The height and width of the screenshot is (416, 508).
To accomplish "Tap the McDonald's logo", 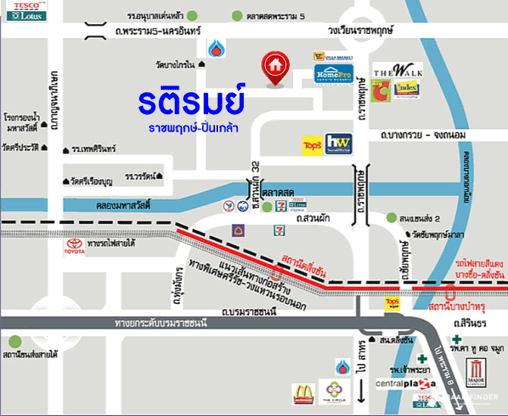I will [303, 393].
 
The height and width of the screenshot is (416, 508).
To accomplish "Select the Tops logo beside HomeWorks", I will [311, 144].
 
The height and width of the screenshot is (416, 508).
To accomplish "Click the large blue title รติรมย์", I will [192, 101].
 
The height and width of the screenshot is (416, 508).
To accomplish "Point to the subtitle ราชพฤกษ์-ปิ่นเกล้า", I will [193, 128].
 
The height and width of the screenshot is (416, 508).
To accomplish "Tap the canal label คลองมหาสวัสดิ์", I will [116, 205].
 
